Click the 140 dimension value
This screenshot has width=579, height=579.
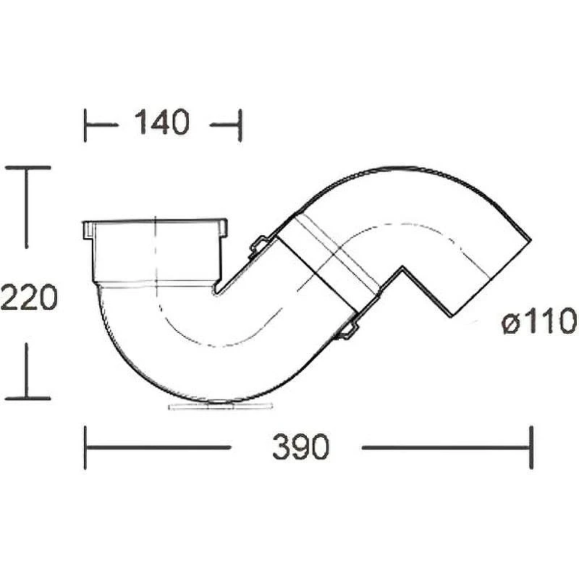[x=161, y=122]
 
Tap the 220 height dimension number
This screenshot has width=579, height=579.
[x=29, y=297]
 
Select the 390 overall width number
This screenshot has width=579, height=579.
[x=300, y=447]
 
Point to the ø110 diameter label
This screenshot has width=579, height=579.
[x=539, y=321]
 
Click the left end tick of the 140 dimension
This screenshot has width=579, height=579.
[x=85, y=125]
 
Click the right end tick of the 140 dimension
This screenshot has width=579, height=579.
[x=240, y=125]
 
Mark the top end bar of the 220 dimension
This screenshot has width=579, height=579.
[x=28, y=168]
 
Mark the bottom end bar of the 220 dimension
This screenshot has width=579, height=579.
[x=28, y=399]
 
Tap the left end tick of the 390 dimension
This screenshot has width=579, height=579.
[x=85, y=447]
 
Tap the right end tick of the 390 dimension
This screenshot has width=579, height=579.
[x=531, y=447]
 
